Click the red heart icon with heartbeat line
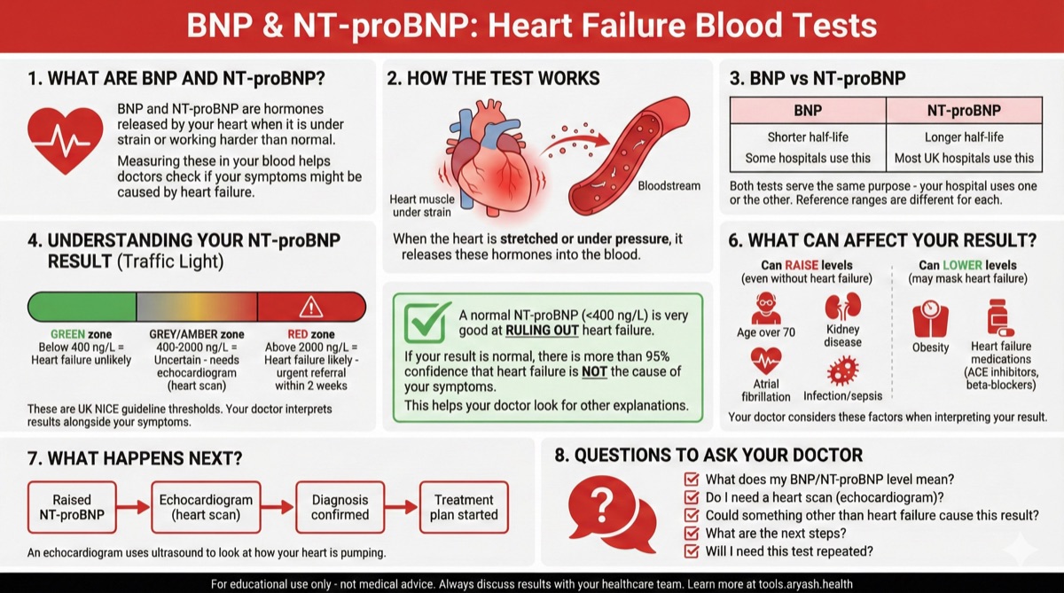point(66,140)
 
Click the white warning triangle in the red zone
point(311,306)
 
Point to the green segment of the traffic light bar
point(82,306)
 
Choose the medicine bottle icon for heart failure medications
point(1000,317)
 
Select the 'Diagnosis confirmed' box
point(340,507)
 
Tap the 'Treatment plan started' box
point(465,507)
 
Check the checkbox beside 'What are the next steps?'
point(692,533)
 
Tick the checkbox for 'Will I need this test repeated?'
point(692,551)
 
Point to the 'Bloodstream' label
point(669,186)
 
